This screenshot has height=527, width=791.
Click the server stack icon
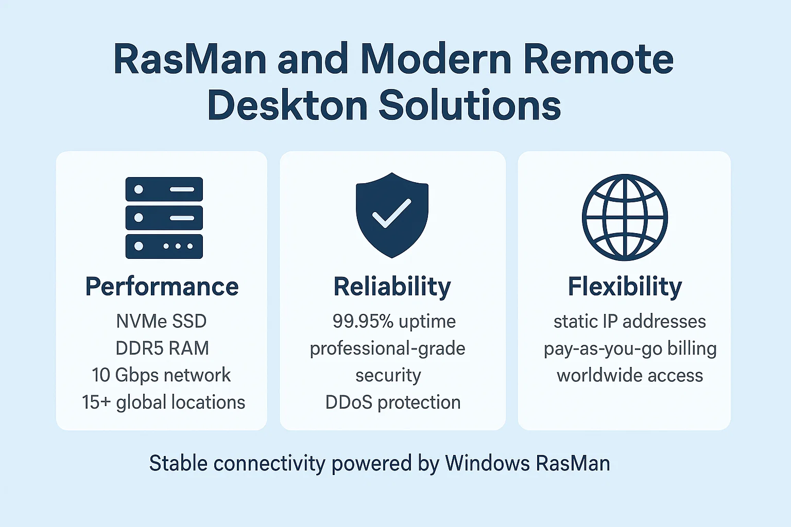(164, 218)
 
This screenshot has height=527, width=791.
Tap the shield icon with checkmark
(392, 215)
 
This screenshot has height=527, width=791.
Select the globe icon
(625, 217)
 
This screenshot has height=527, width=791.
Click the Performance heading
(162, 287)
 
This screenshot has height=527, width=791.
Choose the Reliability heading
(392, 287)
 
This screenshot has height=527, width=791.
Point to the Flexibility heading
(625, 287)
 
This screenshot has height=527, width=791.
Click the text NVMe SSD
(162, 321)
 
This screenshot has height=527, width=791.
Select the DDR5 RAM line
(162, 348)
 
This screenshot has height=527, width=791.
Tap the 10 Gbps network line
(162, 375)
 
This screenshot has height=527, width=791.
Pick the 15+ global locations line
(163, 402)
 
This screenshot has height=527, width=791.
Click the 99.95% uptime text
(394, 321)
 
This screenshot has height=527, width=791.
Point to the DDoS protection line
(393, 402)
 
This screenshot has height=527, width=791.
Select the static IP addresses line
(629, 321)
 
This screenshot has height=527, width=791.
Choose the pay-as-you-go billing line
(630, 348)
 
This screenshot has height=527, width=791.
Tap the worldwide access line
(629, 375)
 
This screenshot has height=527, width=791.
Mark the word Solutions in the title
(470, 105)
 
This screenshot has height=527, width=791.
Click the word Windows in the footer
(487, 463)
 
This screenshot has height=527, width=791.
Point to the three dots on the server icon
(178, 246)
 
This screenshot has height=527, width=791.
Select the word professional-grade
(387, 348)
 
